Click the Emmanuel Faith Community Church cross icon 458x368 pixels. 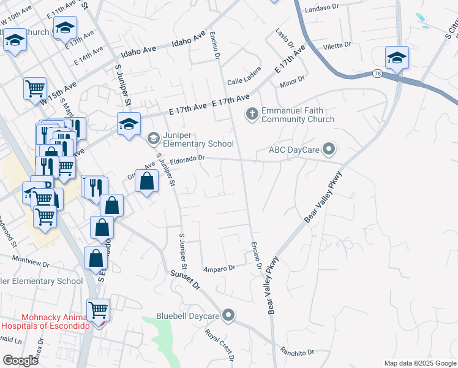[x=251, y=113]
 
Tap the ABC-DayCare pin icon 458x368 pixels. [x=329, y=149]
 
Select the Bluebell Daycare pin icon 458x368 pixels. [x=229, y=316]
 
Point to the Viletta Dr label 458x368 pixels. [x=337, y=45]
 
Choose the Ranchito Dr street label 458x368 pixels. [x=297, y=352]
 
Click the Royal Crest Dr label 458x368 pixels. [x=220, y=345]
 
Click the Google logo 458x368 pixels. [x=20, y=361]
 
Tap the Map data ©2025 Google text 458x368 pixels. [x=420, y=363]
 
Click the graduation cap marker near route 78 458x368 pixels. [x=397, y=58]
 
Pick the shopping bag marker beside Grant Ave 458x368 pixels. [x=146, y=182]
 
